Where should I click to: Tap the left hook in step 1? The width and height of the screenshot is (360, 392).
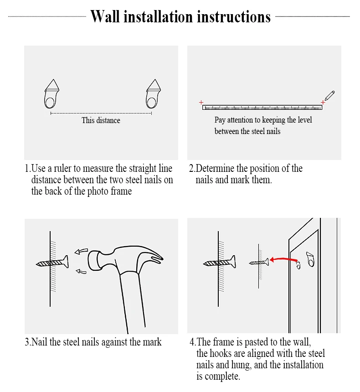click(x=52, y=94)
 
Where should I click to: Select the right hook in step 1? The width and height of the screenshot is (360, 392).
click(x=153, y=94)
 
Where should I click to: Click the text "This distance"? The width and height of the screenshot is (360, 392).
click(x=101, y=120)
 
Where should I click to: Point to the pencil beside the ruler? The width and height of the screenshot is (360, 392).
click(x=329, y=96)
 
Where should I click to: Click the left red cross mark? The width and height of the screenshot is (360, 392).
click(x=201, y=102)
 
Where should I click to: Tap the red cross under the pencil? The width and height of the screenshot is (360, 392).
click(x=323, y=102)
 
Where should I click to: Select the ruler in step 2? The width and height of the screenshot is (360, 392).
click(x=262, y=108)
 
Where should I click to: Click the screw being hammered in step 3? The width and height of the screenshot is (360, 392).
click(x=52, y=263)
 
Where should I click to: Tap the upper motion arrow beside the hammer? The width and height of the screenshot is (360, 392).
click(x=81, y=251)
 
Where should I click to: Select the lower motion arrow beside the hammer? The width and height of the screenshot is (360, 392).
click(x=81, y=271)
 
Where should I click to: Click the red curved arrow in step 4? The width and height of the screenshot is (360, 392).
click(x=284, y=259)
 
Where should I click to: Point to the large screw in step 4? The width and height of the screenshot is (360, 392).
click(x=220, y=262)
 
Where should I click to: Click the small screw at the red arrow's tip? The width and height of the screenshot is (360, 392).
click(x=259, y=262)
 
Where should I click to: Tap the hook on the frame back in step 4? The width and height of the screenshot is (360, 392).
click(x=310, y=259)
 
